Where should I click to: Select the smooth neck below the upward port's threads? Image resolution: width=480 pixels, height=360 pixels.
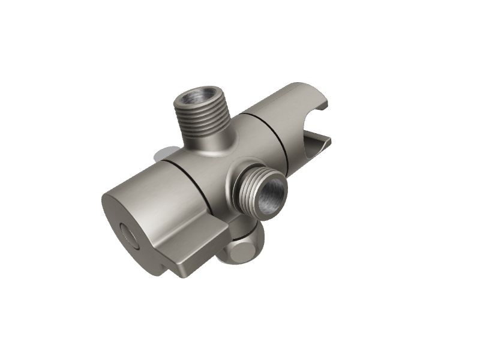point(207,141)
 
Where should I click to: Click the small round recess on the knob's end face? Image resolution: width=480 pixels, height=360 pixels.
point(130,234)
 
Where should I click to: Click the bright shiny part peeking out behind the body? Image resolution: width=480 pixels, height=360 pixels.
point(161,155)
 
